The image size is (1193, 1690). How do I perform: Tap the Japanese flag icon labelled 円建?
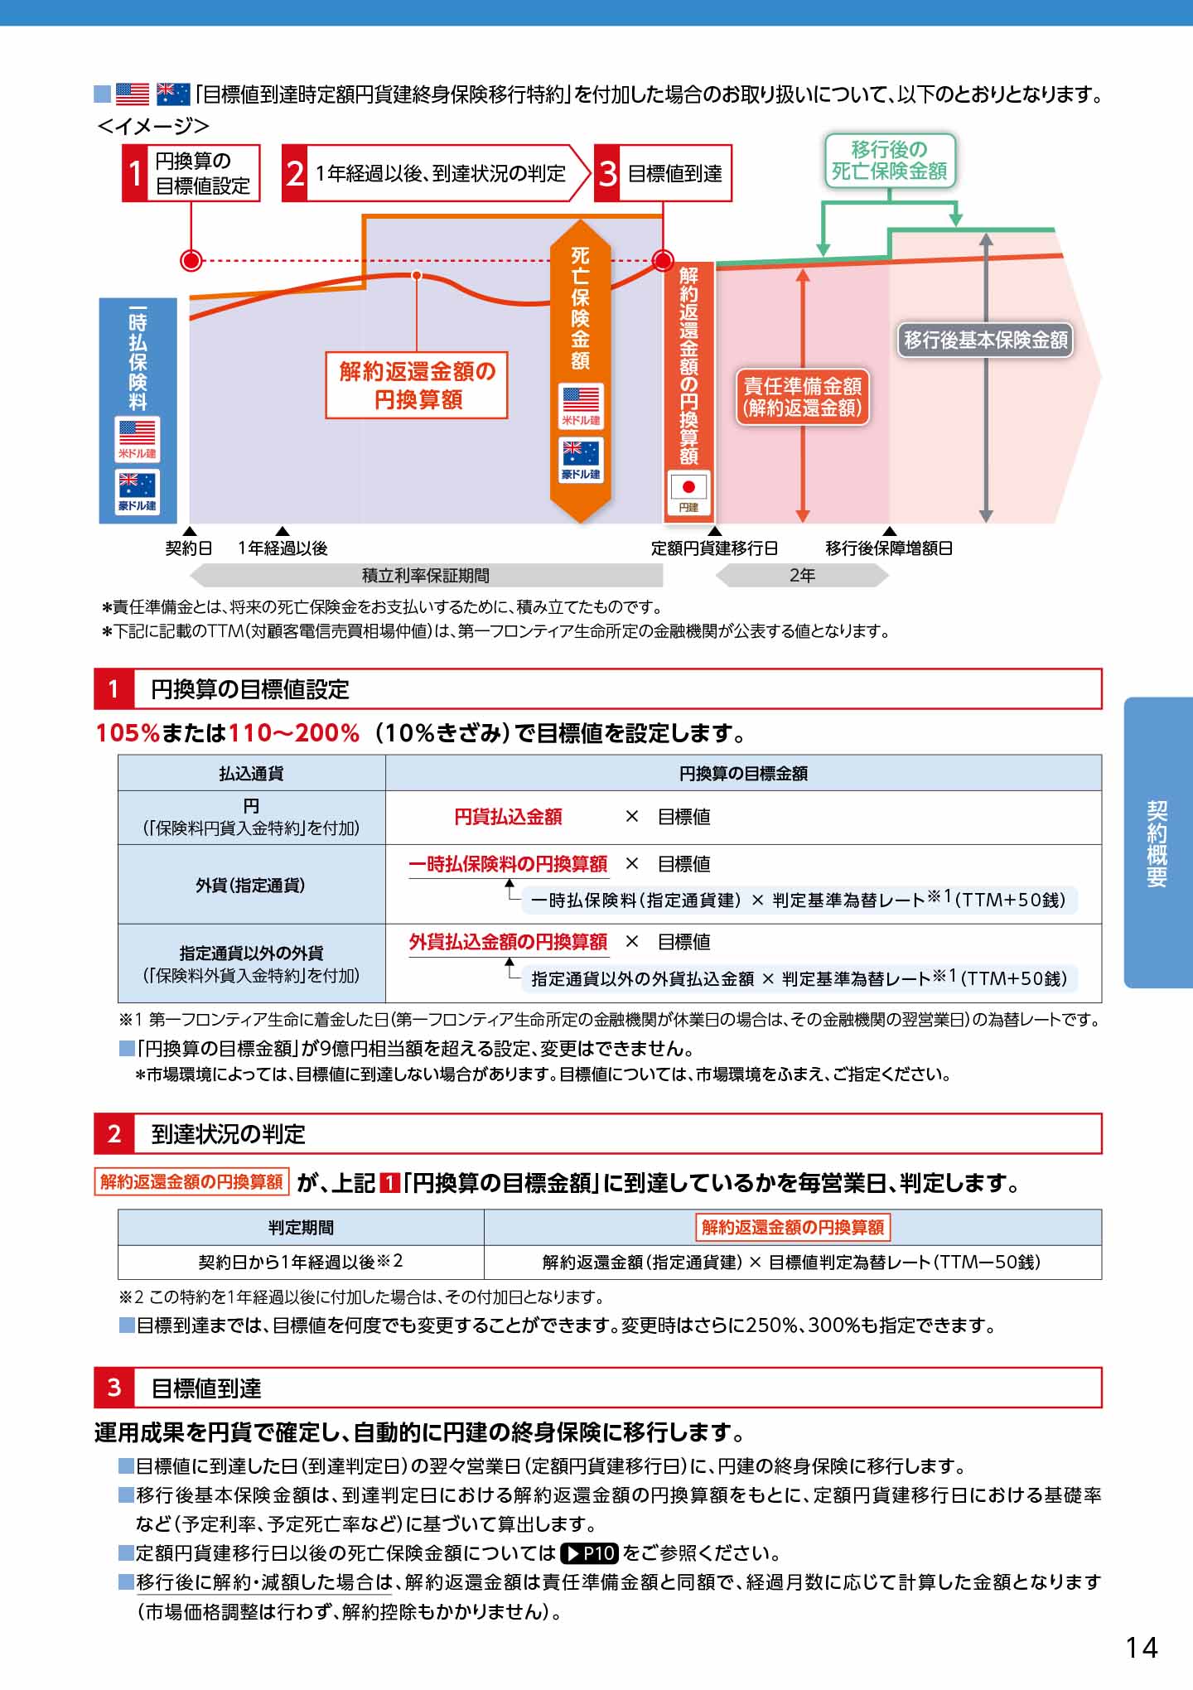688,493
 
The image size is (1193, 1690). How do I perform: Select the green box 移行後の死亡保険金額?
890,161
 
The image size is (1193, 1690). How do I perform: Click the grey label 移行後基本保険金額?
986,340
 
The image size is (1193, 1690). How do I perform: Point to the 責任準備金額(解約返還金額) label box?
803,397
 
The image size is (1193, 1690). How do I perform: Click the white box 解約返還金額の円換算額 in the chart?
417,385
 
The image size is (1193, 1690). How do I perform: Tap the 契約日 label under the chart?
189,548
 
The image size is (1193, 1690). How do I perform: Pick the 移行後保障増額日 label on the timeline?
889,548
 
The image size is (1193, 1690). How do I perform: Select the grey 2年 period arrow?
802,575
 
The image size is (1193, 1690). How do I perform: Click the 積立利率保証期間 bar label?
426,575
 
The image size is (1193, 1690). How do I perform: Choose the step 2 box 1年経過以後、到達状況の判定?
436,173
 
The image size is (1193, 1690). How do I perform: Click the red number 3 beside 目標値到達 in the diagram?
608,173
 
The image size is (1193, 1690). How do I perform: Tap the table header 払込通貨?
251,773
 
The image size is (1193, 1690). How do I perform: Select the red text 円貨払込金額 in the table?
508,817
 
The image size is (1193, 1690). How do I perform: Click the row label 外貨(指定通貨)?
251,885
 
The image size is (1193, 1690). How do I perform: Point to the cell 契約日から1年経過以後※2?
301,1262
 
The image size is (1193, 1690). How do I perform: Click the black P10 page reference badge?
589,1552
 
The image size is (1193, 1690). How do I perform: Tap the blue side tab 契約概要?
1157,843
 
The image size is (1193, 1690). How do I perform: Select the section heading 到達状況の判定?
229,1133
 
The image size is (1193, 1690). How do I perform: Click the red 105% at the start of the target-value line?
128,733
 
